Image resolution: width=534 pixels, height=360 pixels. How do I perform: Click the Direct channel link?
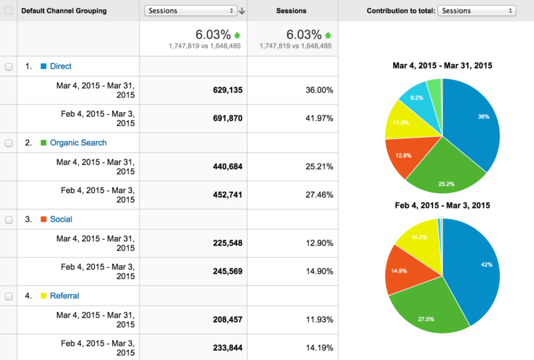coord(61,66)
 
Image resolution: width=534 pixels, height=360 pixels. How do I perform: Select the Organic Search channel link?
coord(78,142)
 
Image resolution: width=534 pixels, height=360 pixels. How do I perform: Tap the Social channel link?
coord(61,219)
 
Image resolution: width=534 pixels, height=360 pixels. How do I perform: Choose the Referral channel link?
coord(65,295)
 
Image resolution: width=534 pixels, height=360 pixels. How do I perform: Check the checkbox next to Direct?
coord(9,67)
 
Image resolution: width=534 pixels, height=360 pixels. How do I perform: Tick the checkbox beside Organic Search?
coord(9,143)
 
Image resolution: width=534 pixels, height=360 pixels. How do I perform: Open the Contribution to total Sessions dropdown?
coord(477,11)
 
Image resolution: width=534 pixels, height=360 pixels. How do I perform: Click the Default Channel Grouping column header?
coord(63,11)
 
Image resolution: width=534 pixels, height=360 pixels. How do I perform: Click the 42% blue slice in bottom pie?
coord(477,267)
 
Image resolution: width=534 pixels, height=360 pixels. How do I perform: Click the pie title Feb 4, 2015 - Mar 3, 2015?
coord(442,205)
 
